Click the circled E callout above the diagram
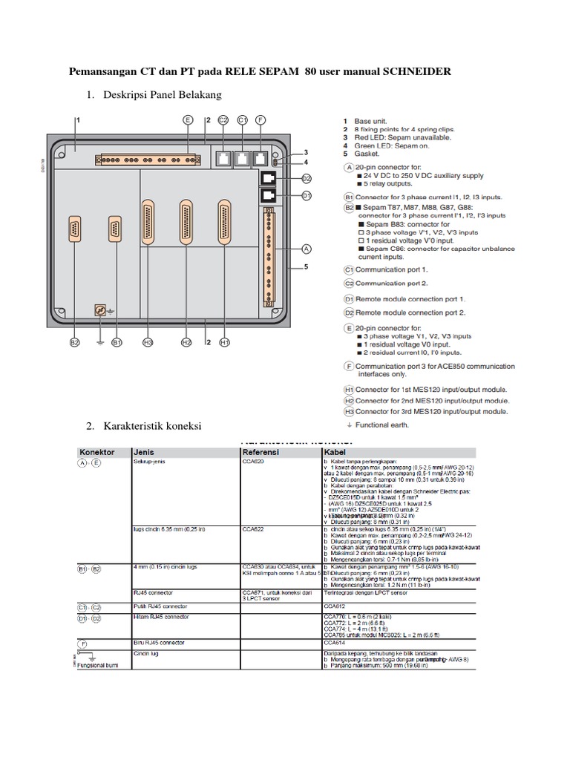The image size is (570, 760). [x=188, y=119]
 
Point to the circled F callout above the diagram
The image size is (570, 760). [x=260, y=119]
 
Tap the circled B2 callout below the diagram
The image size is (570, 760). [x=75, y=342]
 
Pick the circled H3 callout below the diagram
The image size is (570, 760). [x=148, y=342]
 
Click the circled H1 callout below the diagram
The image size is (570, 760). [x=225, y=342]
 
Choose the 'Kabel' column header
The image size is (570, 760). [x=333, y=451]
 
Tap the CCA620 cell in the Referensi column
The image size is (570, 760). [x=254, y=461]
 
